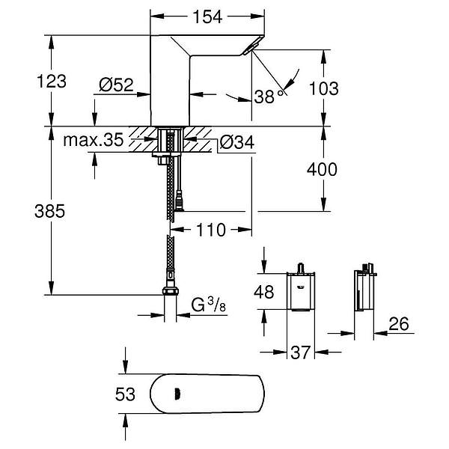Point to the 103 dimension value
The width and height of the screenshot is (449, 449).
tap(323, 88)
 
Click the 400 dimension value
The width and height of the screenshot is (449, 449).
tap(323, 171)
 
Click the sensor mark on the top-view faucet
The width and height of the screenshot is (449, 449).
tap(175, 392)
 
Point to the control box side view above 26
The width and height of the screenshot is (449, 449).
tap(364, 290)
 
